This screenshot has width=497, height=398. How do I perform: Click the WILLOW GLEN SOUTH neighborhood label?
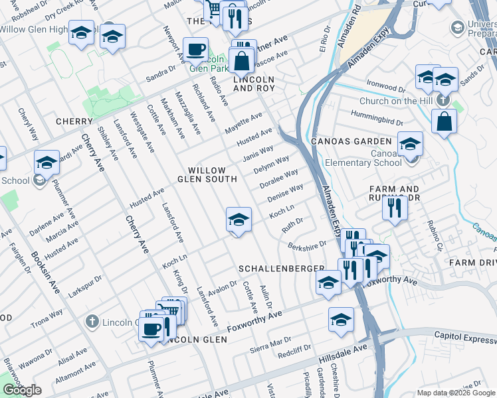point(207,174)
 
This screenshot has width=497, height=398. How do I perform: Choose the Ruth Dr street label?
point(292,225)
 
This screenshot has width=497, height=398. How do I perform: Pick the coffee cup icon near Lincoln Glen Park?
point(195,49)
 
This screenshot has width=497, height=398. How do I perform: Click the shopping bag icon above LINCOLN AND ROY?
point(243,60)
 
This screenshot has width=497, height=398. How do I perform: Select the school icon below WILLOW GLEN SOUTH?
point(239,219)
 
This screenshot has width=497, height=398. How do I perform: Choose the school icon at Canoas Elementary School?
point(410,143)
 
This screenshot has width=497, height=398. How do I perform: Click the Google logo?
point(22,390)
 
